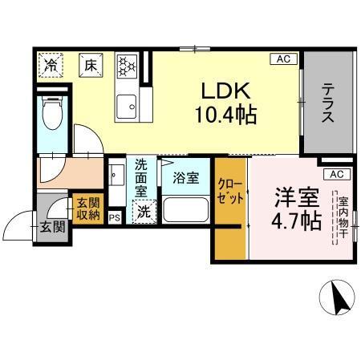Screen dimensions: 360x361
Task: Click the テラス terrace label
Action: tap(328, 103)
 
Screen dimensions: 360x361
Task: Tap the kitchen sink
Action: tap(126, 105)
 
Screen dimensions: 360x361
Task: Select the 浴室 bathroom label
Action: tap(187, 179)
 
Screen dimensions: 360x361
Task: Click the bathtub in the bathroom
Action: tap(187, 211)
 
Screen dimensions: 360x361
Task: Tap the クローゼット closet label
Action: tap(229, 193)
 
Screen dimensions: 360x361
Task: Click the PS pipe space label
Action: tap(114, 216)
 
